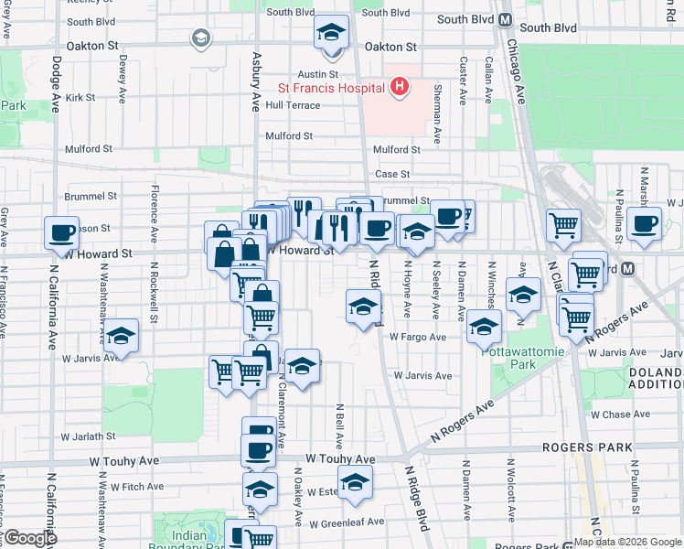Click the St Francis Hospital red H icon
pyautogui.click(x=399, y=88)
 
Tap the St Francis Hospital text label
pyautogui.click(x=331, y=89)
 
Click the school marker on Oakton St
pyautogui.click(x=331, y=34)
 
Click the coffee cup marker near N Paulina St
pyautogui.click(x=644, y=222)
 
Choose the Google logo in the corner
pyautogui.click(x=29, y=538)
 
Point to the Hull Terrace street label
pyautogui.click(x=293, y=105)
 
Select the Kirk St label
pyautogui.click(x=80, y=97)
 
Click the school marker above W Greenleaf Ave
pyautogui.click(x=355, y=482)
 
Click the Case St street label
pyautogui.click(x=391, y=174)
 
